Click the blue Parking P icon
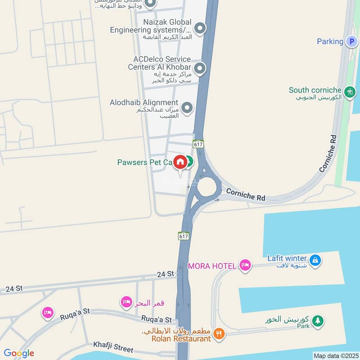[351, 41]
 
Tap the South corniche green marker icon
[349, 93]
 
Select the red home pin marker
[180, 162]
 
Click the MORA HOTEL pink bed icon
[245, 265]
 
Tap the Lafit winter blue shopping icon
[315, 260]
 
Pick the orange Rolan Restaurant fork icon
[219, 334]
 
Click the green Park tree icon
[318, 321]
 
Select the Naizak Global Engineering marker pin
[200, 29]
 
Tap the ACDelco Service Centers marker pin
[200, 69]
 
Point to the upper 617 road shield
[198, 144]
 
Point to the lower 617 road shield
[183, 236]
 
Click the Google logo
[19, 353]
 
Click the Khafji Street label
[113, 347]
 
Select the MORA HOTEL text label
[212, 266]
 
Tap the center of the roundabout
[207, 186]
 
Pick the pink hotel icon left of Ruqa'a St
[47, 312]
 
